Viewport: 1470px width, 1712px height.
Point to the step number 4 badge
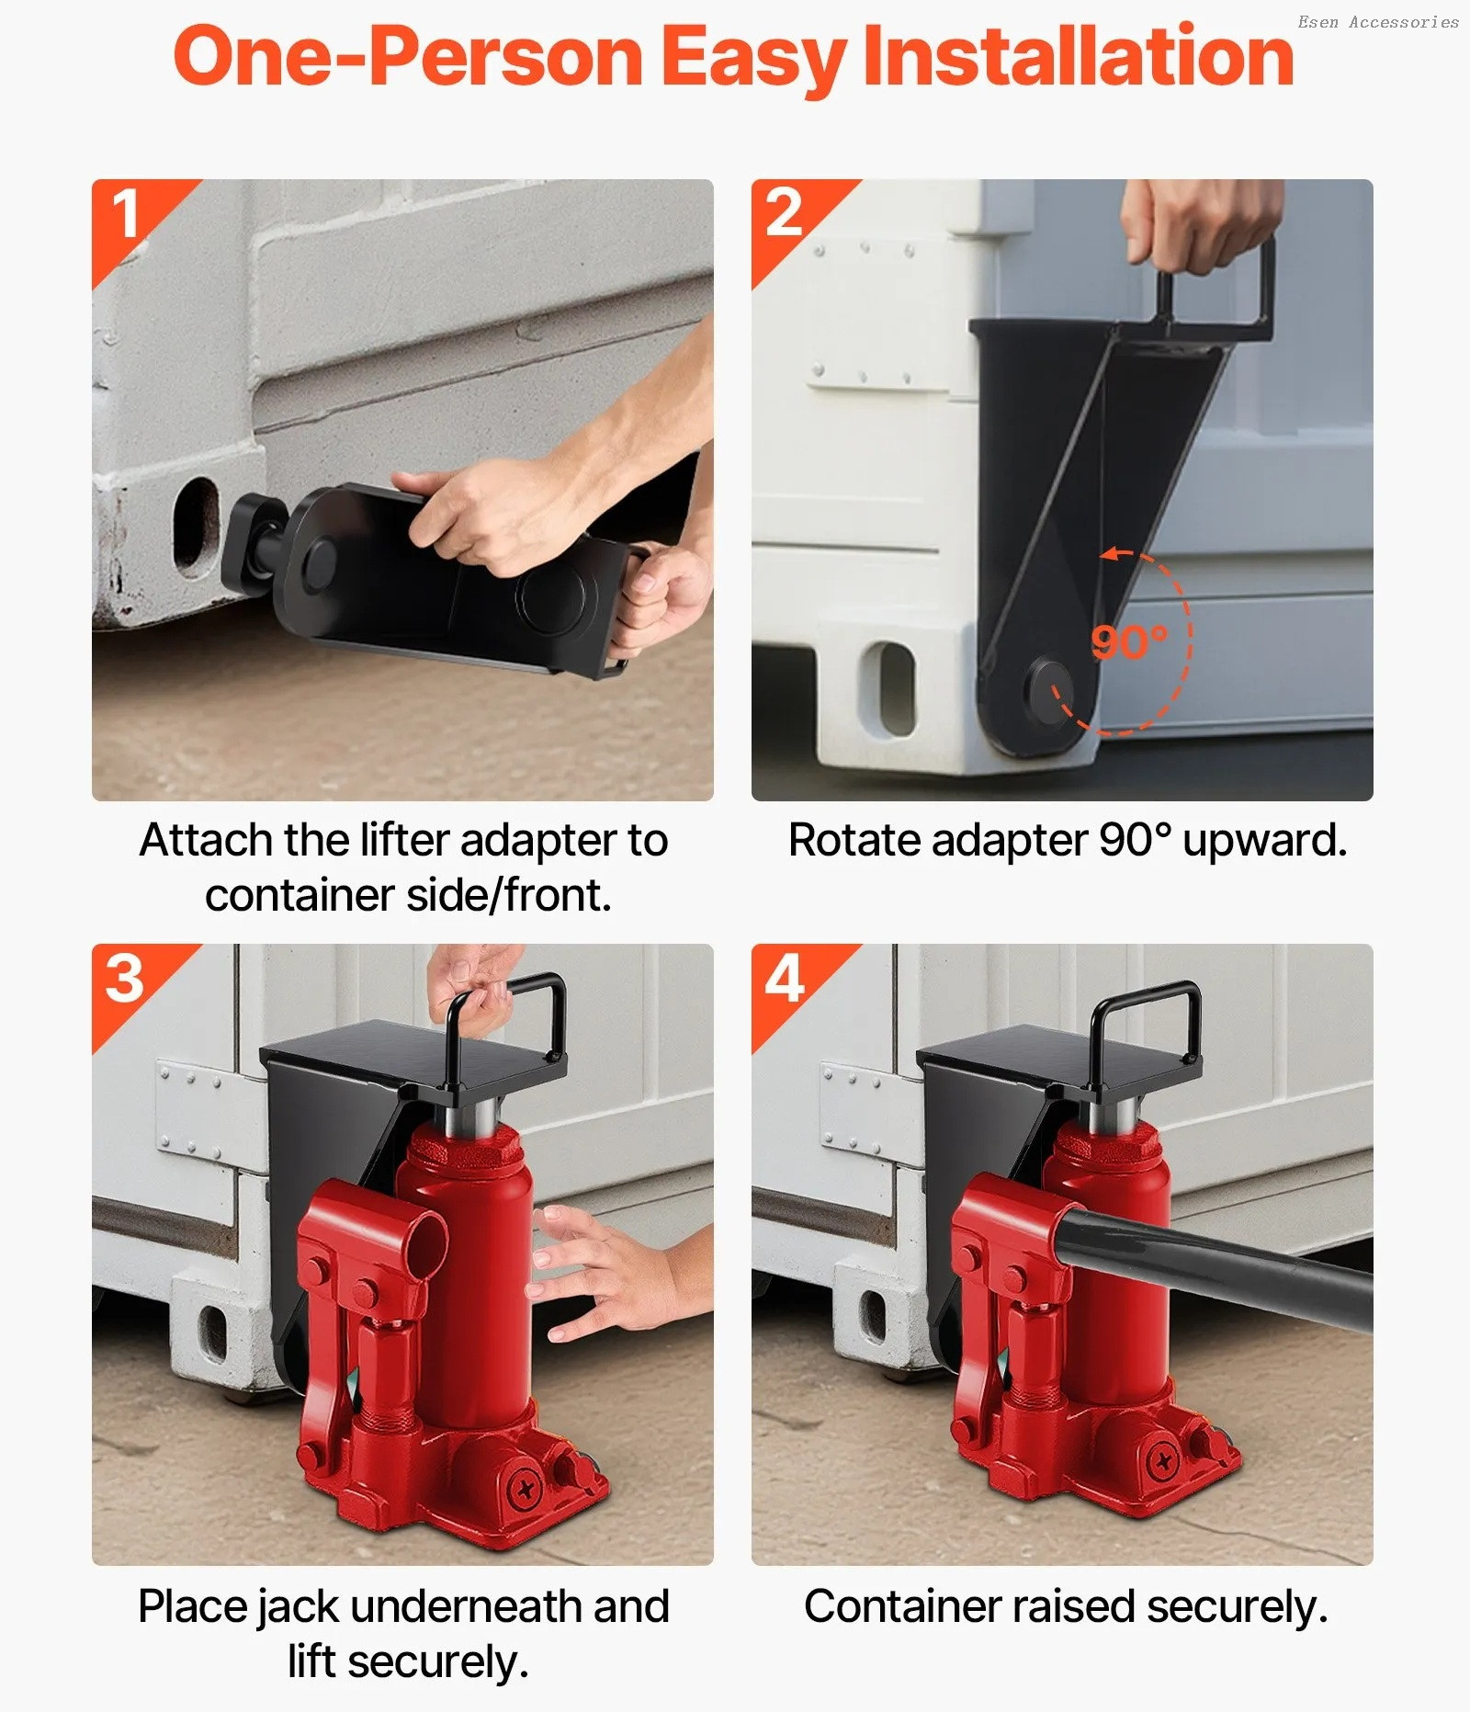tap(786, 979)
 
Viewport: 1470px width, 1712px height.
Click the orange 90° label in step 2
tap(1129, 642)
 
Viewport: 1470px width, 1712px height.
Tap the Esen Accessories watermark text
tap(1378, 22)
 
